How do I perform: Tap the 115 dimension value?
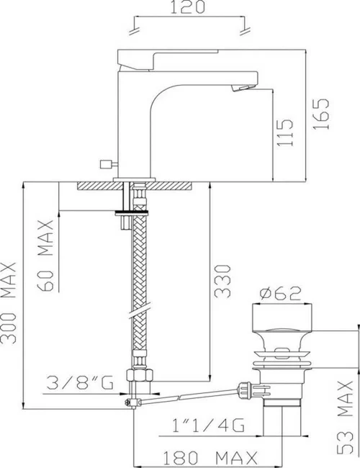click(x=287, y=133)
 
